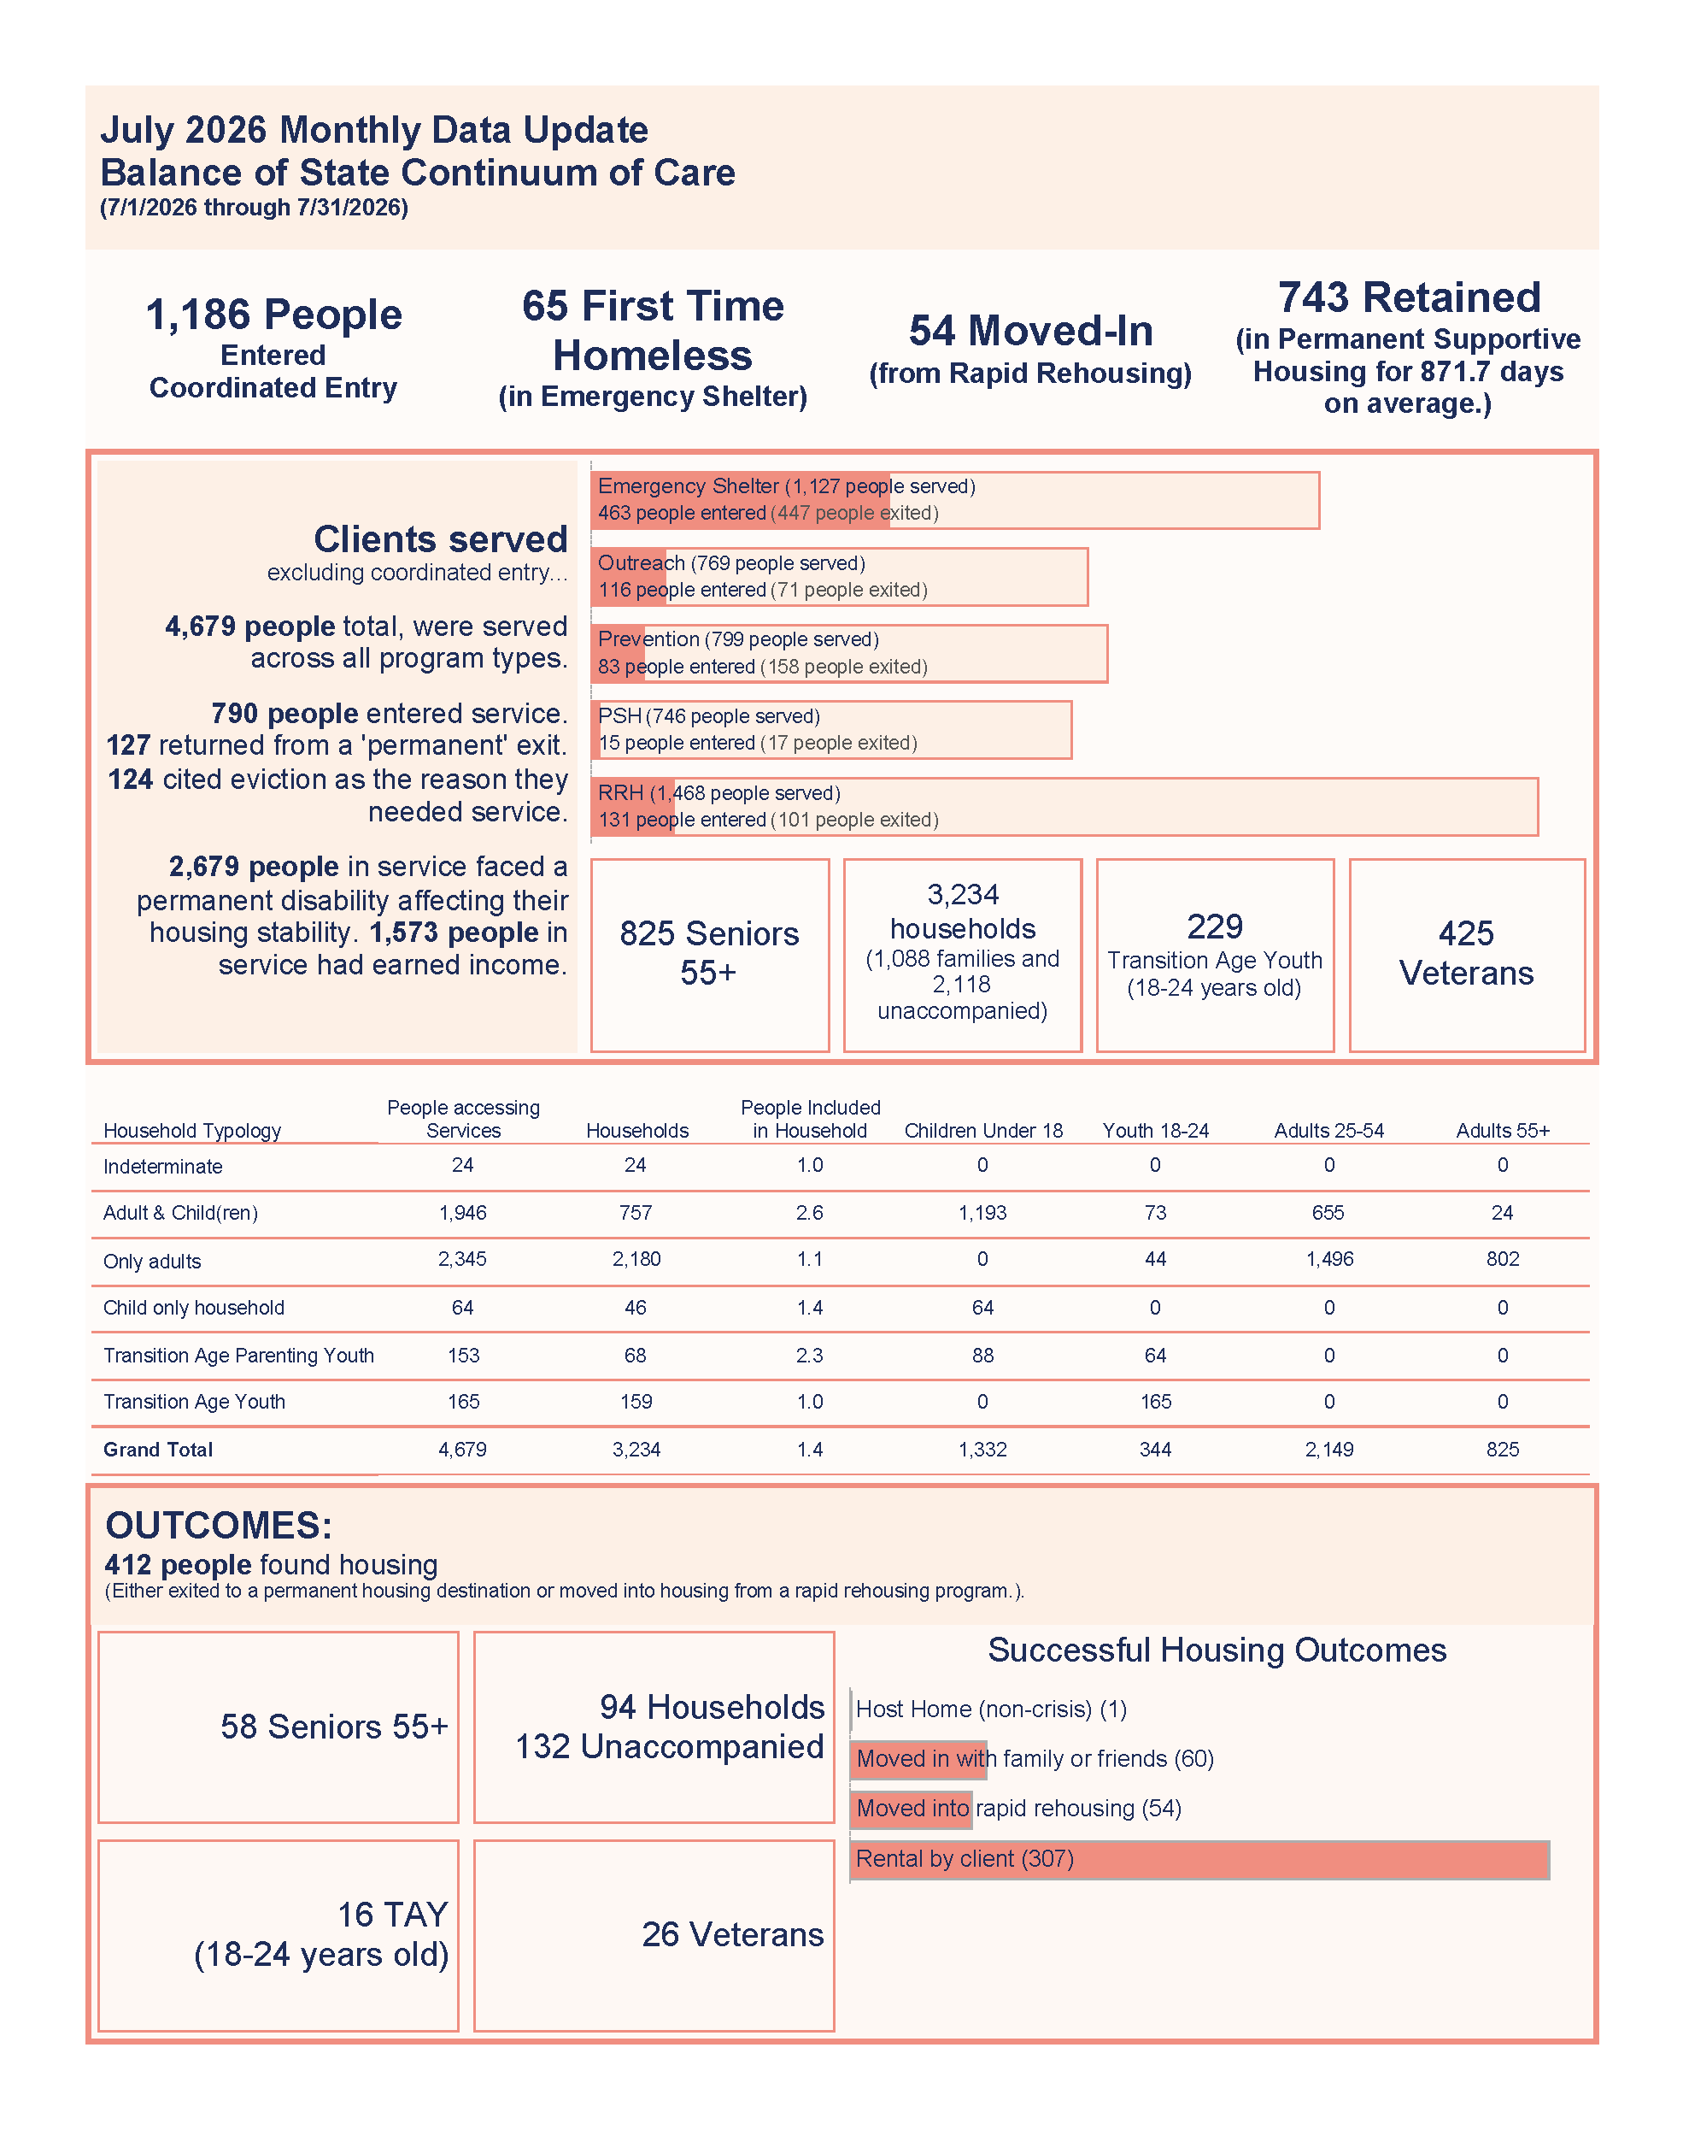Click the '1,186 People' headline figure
274,315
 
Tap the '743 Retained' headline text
1409,297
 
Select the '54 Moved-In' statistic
1030,330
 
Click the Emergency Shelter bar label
786,486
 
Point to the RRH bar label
718,792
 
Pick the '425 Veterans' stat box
1466,954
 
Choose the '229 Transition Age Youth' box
1215,954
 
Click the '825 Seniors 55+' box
709,954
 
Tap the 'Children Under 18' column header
983,1131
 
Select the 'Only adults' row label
152,1261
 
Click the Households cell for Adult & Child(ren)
636,1212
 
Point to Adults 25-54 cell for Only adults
1329,1259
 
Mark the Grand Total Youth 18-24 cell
1156,1449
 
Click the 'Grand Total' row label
158,1449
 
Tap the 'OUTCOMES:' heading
219,1525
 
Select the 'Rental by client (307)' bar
1199,1859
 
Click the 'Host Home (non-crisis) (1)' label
991,1708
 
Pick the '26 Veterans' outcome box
654,1935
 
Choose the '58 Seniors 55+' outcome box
279,1727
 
